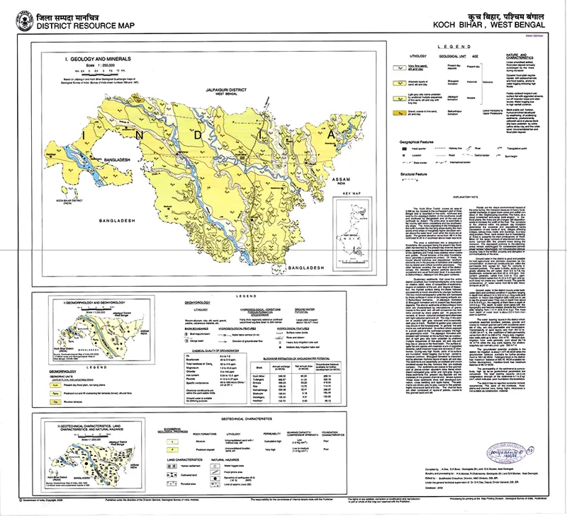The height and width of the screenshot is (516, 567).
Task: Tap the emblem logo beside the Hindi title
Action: click(x=25, y=18)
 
